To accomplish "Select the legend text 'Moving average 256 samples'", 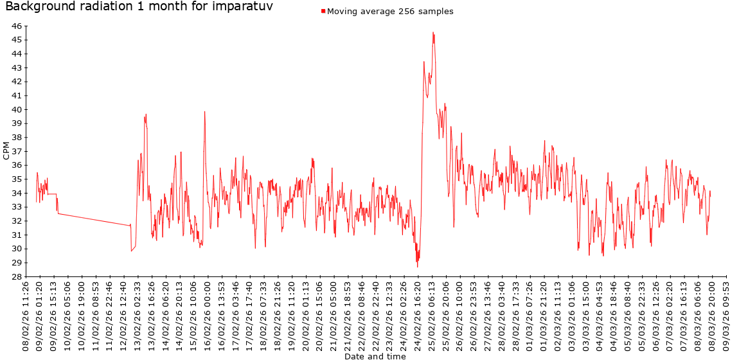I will point(390,12).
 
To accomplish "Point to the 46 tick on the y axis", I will point(17,26).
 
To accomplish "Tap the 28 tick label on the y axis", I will point(17,276).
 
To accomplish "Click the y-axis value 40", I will point(17,109).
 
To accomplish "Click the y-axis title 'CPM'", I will point(6,150).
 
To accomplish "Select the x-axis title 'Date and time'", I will point(375,356).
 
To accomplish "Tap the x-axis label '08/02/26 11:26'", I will point(26,315).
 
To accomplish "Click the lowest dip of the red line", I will point(418,267).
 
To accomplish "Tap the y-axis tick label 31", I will point(17,235).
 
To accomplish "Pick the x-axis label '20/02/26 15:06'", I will point(320,315).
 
